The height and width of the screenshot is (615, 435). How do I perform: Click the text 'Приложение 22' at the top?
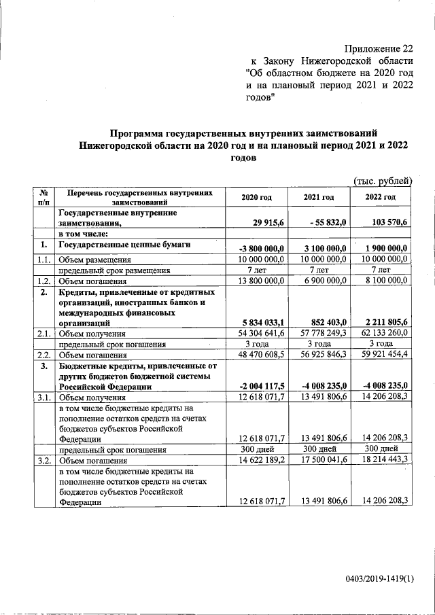click(x=378, y=48)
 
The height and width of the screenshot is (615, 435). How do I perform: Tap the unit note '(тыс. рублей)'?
click(x=383, y=180)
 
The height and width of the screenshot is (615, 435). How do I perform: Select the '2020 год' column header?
click(x=256, y=197)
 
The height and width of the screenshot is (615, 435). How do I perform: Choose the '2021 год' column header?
click(x=318, y=197)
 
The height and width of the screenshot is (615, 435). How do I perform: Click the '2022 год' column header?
click(x=381, y=197)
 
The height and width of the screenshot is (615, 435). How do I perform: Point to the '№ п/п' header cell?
click(x=43, y=197)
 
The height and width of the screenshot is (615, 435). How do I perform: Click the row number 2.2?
click(x=43, y=354)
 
